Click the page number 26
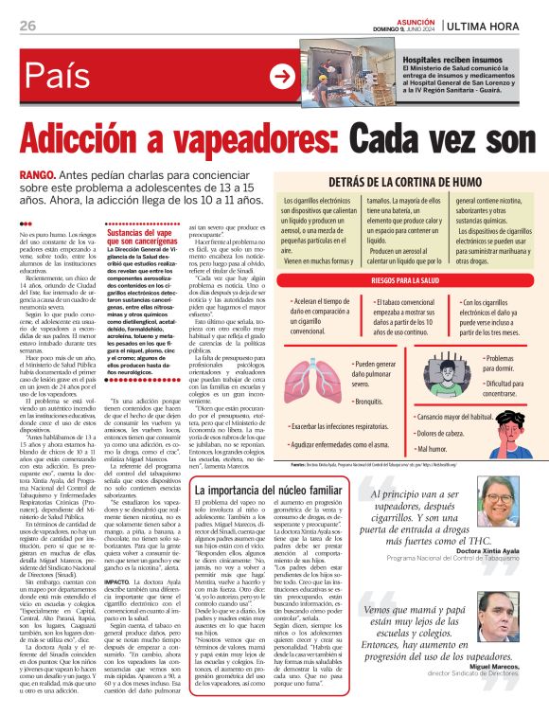[27, 27]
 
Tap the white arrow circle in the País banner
[281, 76]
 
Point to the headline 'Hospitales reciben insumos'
[459, 60]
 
